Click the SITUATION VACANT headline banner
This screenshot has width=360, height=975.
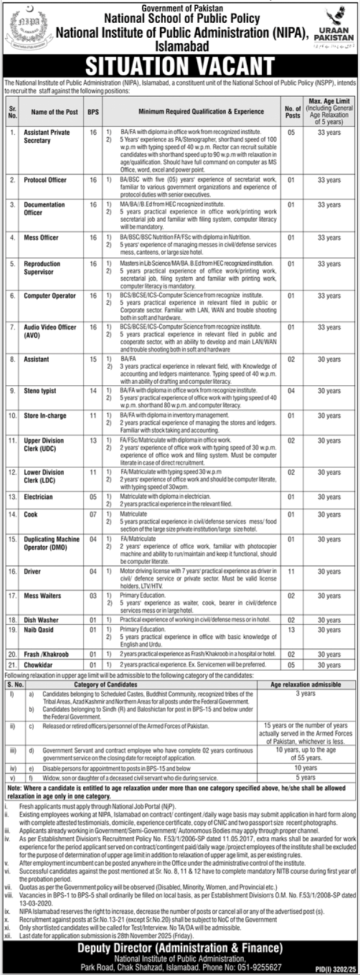coord(180,65)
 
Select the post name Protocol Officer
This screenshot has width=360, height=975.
coord(45,180)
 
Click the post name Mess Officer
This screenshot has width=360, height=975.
coord(41,237)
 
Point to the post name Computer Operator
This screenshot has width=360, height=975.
coord(50,296)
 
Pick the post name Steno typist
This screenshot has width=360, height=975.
coord(40,391)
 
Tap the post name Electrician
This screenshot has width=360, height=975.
coord(38,497)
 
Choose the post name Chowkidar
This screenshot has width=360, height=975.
coord(38,665)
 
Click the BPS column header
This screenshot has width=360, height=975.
coord(93,112)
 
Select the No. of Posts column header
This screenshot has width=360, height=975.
coord(293,112)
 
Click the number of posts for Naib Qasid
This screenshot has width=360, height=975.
coord(291,630)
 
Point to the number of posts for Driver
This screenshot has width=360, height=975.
coord(291,571)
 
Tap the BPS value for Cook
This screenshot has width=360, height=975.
coord(93,514)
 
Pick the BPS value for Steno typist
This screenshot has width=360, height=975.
coord(93,391)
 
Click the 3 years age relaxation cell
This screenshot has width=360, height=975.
coord(305,693)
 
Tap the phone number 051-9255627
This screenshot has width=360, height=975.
coord(260,967)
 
